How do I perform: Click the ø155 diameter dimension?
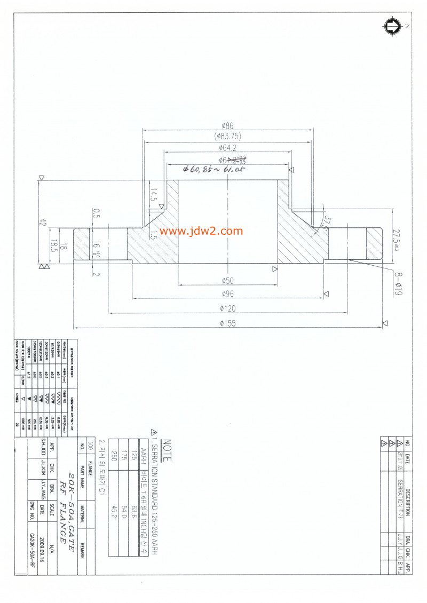[x=227, y=323]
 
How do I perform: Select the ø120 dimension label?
[x=227, y=308]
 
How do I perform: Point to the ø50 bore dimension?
[x=228, y=280]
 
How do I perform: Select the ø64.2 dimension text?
[x=227, y=148]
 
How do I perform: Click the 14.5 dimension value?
[x=153, y=195]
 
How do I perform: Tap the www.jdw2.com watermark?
[x=201, y=231]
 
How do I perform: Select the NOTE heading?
[x=167, y=450]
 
